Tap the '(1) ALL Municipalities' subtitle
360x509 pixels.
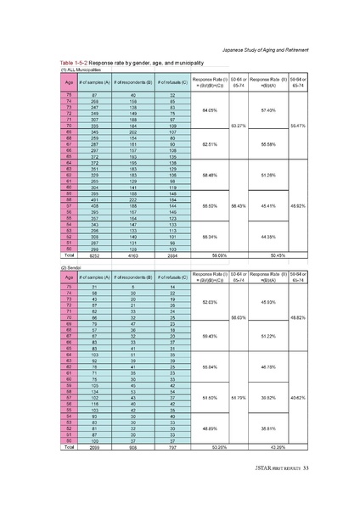pos(88,70)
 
